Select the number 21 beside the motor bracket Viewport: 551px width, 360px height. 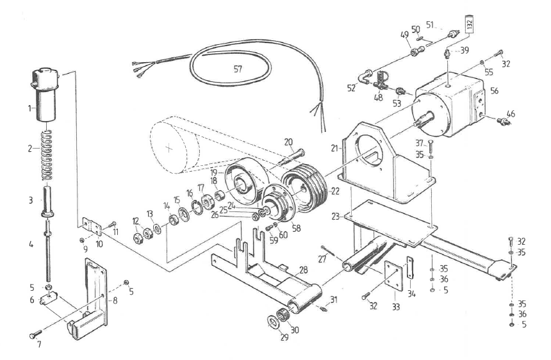tap(333, 148)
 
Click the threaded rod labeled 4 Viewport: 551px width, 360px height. tap(48, 250)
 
